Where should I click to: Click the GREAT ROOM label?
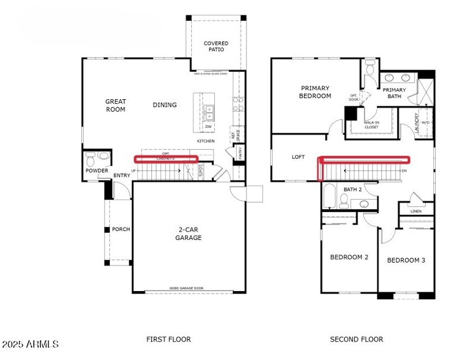(116, 105)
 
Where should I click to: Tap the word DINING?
(164, 105)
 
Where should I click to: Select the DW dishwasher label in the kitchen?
(208, 127)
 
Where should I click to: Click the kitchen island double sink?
(209, 110)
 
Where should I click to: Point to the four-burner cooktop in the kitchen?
(238, 104)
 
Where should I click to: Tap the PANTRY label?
(240, 153)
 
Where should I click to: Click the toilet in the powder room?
(90, 159)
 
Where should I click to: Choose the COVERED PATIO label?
(216, 46)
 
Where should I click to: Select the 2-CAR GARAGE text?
(188, 233)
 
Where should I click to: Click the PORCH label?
(121, 229)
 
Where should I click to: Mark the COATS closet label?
(201, 170)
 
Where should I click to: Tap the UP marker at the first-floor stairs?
(133, 170)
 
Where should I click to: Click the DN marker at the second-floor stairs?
(404, 171)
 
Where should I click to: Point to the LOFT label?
(298, 157)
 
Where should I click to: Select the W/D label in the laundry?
(426, 122)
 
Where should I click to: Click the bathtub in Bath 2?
(330, 196)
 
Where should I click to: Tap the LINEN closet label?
(416, 211)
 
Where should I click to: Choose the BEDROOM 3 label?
(406, 260)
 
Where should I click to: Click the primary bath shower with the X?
(425, 92)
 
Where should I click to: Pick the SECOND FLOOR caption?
(356, 339)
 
